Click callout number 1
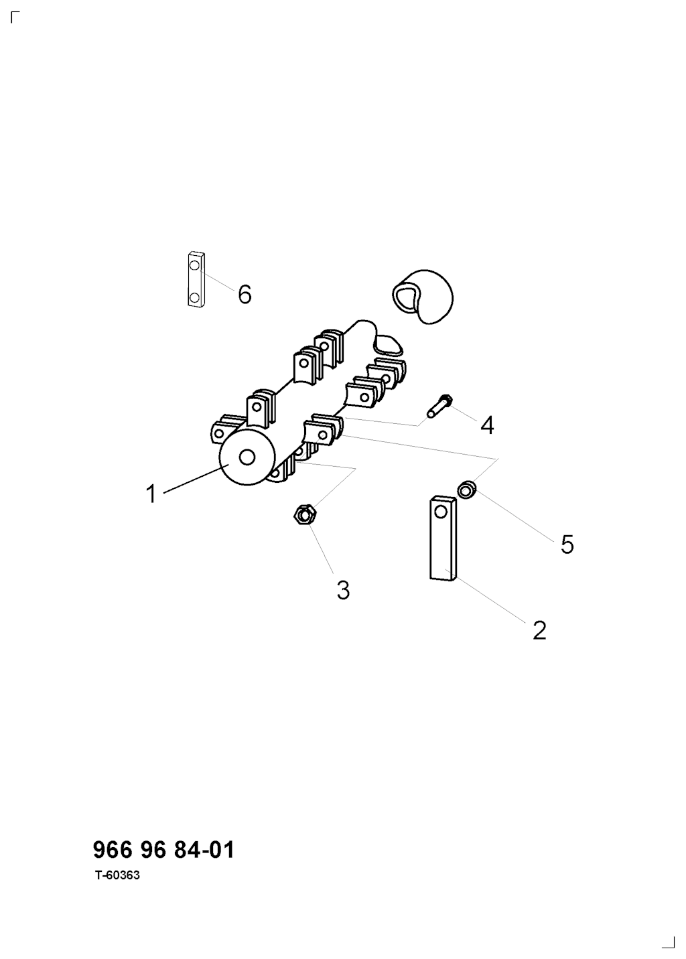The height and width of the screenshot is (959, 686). (x=151, y=494)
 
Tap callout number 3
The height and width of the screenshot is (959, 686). (x=343, y=590)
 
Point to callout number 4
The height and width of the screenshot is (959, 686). (x=487, y=425)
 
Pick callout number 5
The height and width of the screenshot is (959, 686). (x=567, y=544)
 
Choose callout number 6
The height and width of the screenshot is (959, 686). (x=245, y=294)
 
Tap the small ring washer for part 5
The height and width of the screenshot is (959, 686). (x=467, y=490)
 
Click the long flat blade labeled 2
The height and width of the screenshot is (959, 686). (x=443, y=538)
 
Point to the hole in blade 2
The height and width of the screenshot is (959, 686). (x=440, y=512)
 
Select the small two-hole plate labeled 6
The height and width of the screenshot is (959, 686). (x=196, y=279)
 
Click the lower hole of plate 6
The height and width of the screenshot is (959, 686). (x=194, y=297)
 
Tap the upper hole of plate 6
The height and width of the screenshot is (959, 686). (x=194, y=265)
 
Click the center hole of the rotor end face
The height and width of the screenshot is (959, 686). (x=247, y=457)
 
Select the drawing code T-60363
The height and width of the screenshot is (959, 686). (x=118, y=875)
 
